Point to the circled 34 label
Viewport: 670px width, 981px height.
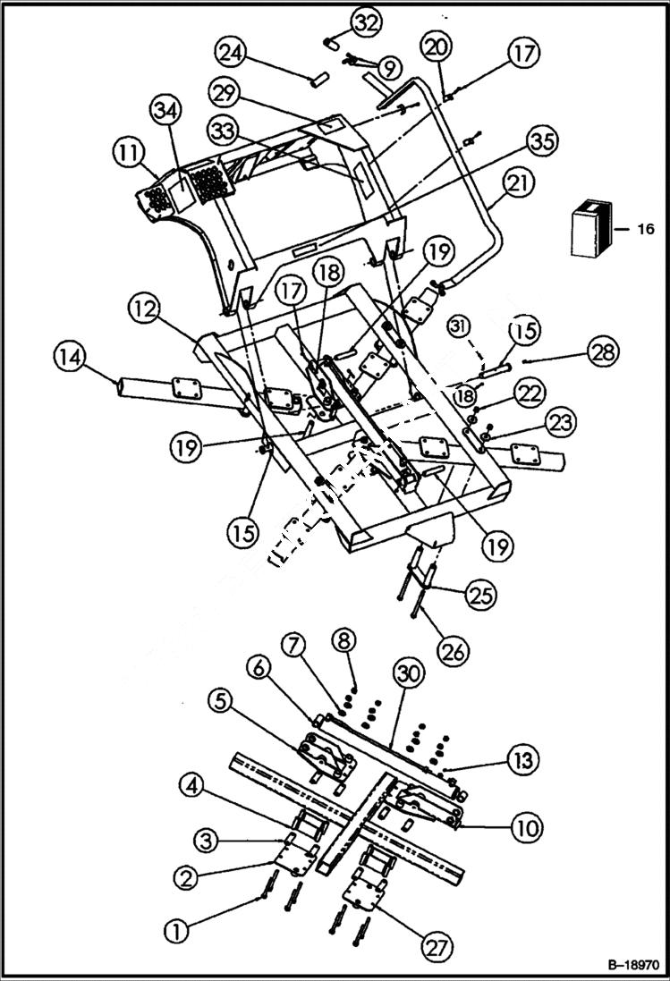click(164, 112)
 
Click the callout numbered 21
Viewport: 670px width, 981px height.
click(518, 185)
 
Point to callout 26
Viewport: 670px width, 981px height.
click(454, 651)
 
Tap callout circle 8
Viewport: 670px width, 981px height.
click(344, 640)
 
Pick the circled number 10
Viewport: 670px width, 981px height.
click(526, 828)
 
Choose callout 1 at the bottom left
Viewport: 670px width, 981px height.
click(179, 931)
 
